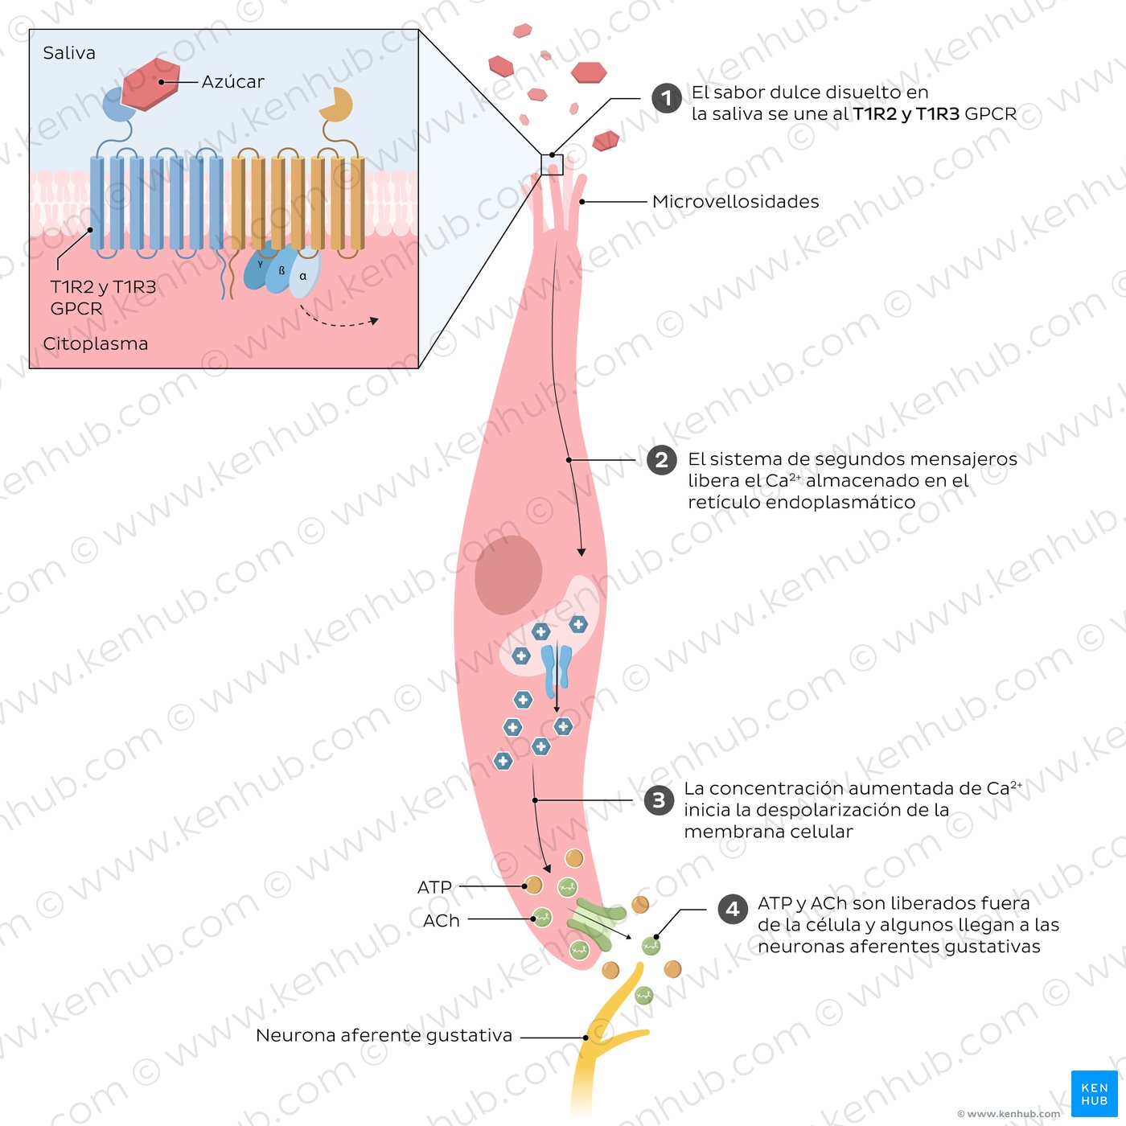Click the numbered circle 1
[666, 98]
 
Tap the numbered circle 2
[661, 460]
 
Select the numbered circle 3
[660, 800]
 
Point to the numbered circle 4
[733, 909]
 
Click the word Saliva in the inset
[69, 53]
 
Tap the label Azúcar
[232, 81]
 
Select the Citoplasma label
[95, 343]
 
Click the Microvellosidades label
[735, 202]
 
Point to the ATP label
[434, 887]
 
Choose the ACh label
[442, 920]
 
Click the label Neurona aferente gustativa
[384, 1035]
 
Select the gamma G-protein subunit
[258, 266]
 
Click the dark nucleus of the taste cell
[508, 575]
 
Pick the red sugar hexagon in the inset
[150, 83]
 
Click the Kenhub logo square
[1094, 1093]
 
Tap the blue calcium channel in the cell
[556, 672]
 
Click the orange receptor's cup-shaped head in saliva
[336, 104]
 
